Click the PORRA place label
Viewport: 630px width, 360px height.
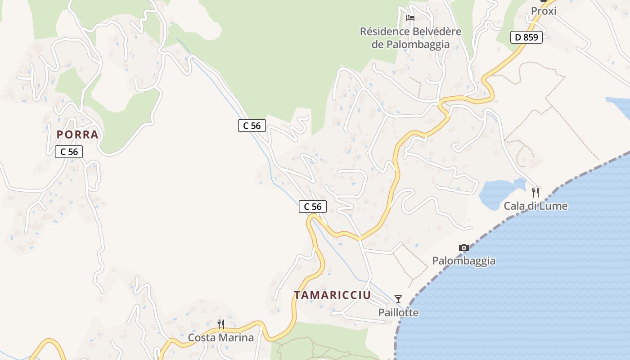click(x=77, y=135)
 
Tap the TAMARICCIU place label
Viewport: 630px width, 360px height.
click(x=332, y=295)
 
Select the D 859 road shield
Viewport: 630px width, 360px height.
click(x=526, y=37)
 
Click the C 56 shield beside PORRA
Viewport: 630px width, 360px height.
click(x=69, y=152)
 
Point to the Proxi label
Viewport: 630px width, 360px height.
click(x=544, y=11)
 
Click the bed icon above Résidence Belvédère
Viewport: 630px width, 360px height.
click(x=410, y=18)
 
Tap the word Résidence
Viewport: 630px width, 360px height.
click(x=384, y=31)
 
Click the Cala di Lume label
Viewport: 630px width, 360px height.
click(x=535, y=206)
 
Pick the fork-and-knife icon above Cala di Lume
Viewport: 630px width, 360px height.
click(x=535, y=193)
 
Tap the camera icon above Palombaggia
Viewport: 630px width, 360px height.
click(x=463, y=248)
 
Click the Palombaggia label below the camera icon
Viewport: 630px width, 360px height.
click(x=463, y=261)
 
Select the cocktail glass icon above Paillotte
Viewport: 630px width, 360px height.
click(x=398, y=299)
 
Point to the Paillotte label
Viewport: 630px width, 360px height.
click(x=398, y=312)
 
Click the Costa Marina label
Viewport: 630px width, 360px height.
click(x=220, y=337)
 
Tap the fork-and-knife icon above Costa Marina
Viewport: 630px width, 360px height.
click(x=220, y=324)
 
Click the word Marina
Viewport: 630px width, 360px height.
click(x=236, y=337)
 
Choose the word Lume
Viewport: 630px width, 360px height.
click(x=554, y=206)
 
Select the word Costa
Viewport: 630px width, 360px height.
click(x=201, y=337)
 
